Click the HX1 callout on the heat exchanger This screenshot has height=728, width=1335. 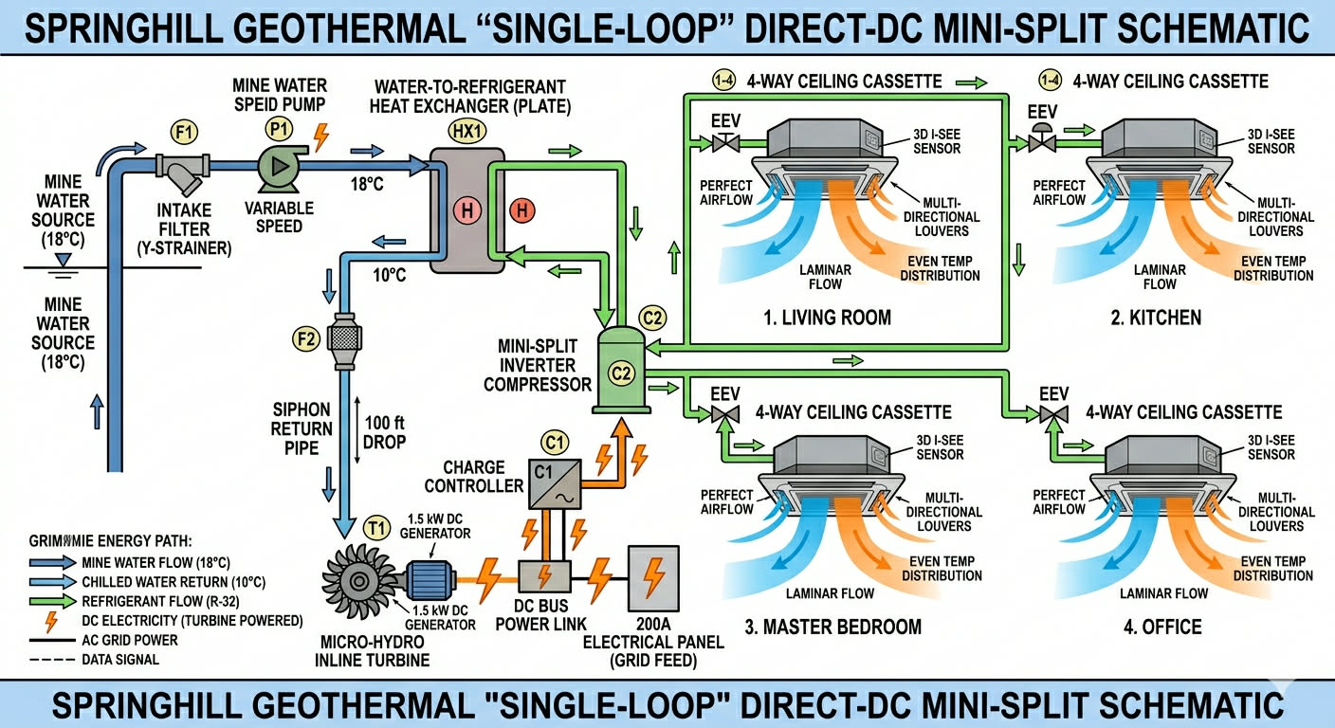[465, 132]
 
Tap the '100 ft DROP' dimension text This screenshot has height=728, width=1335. [384, 433]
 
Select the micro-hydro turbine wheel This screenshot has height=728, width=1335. [358, 573]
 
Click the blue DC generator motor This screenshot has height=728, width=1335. [432, 576]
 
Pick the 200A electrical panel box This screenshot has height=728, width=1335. [652, 577]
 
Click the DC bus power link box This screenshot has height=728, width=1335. [544, 576]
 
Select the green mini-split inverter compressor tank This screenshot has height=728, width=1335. [620, 370]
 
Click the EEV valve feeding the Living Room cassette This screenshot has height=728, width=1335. [727, 143]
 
